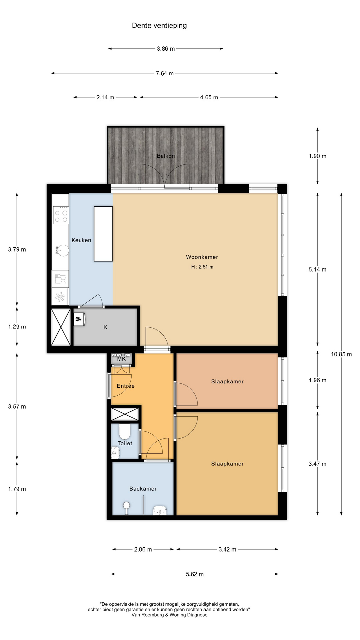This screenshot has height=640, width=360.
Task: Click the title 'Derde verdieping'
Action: point(159,26)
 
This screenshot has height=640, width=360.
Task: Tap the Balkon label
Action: point(166,156)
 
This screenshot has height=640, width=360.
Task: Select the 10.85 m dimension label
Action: point(341,354)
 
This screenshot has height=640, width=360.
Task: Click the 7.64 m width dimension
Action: point(165,73)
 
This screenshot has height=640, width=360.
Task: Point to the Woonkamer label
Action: point(202,257)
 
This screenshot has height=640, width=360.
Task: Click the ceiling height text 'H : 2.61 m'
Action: point(202,267)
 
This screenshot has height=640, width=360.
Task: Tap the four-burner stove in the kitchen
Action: point(61,215)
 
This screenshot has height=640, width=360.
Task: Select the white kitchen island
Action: point(103,234)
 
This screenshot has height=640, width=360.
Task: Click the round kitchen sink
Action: point(63,250)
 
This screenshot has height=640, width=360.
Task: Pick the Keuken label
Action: point(81,240)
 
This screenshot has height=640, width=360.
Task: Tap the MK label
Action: point(122,359)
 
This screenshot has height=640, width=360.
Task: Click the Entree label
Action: point(126,386)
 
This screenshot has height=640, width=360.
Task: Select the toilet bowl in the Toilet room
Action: point(125,431)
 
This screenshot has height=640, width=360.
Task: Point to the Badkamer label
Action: point(143,489)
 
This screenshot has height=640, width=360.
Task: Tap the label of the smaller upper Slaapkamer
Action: point(227,382)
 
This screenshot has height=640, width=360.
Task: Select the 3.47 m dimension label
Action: point(317,464)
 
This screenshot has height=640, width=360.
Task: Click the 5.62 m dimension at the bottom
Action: point(195,574)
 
